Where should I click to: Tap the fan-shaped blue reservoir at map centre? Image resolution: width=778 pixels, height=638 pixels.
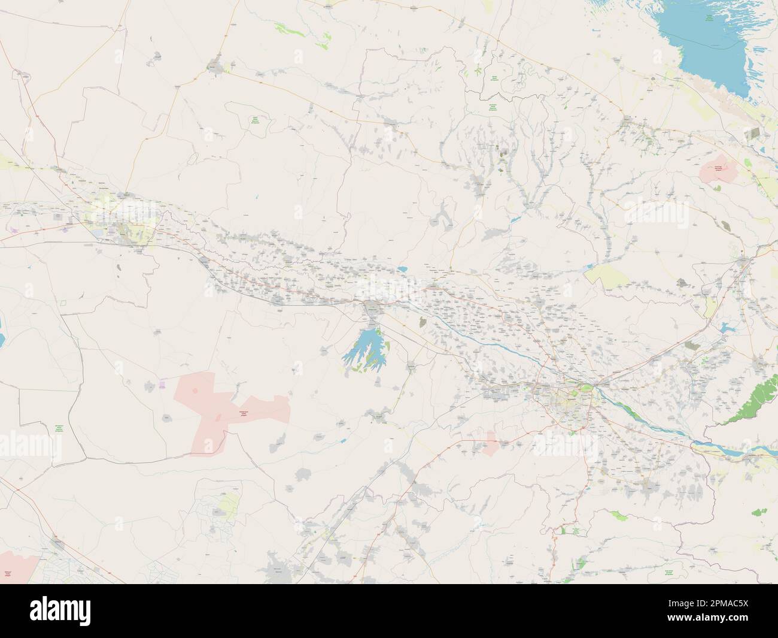(365, 353)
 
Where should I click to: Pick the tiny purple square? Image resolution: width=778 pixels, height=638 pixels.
(163, 383)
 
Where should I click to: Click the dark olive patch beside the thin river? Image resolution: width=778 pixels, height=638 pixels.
(424, 323)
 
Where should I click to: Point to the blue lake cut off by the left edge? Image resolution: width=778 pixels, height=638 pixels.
(2, 335)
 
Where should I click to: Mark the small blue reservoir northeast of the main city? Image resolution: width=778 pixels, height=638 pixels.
(725, 327)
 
